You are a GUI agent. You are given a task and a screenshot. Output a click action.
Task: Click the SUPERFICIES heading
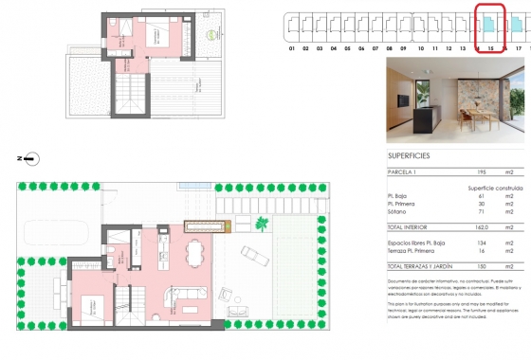pyautogui.click(x=410, y=154)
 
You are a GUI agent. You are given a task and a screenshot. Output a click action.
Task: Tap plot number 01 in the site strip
pyautogui.click(x=292, y=47)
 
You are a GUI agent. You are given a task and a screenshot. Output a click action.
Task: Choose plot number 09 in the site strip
pyautogui.click(x=403, y=47)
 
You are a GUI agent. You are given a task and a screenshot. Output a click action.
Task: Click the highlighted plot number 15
pyautogui.click(x=488, y=47)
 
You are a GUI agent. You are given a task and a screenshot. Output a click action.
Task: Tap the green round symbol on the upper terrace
pyautogui.click(x=211, y=36)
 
